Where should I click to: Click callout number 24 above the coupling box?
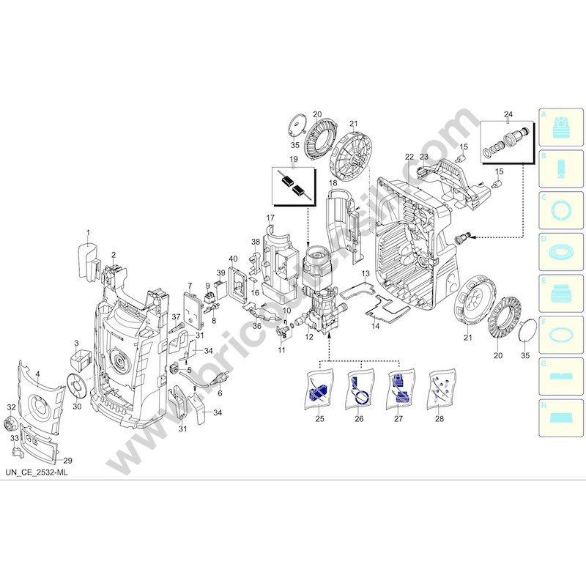pyautogui.click(x=508, y=114)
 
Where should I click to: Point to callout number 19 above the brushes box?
pyautogui.click(x=293, y=159)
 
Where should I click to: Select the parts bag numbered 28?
pyautogui.click(x=439, y=388)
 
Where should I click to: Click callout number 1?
pyautogui.click(x=87, y=234)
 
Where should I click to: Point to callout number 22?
pyautogui.click(x=409, y=157)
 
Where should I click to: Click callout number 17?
pyautogui.click(x=270, y=218)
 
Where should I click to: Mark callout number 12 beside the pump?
pyautogui.click(x=309, y=336)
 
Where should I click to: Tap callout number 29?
pyautogui.click(x=67, y=460)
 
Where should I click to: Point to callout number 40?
pyautogui.click(x=234, y=259)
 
